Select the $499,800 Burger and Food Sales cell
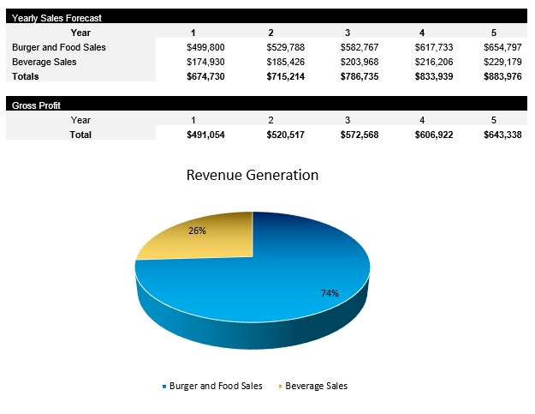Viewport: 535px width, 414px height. [205, 47]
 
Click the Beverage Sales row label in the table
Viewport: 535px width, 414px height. [45, 62]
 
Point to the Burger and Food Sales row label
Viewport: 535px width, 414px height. [59, 47]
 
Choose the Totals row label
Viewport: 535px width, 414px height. [26, 76]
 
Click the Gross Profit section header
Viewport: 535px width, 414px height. [36, 105]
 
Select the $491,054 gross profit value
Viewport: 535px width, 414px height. [205, 135]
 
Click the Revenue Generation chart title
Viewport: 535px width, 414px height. [253, 175]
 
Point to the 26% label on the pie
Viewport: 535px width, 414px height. [198, 231]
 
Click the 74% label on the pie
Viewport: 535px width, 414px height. [330, 293]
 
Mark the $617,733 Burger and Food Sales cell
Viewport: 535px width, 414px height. [432, 47]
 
